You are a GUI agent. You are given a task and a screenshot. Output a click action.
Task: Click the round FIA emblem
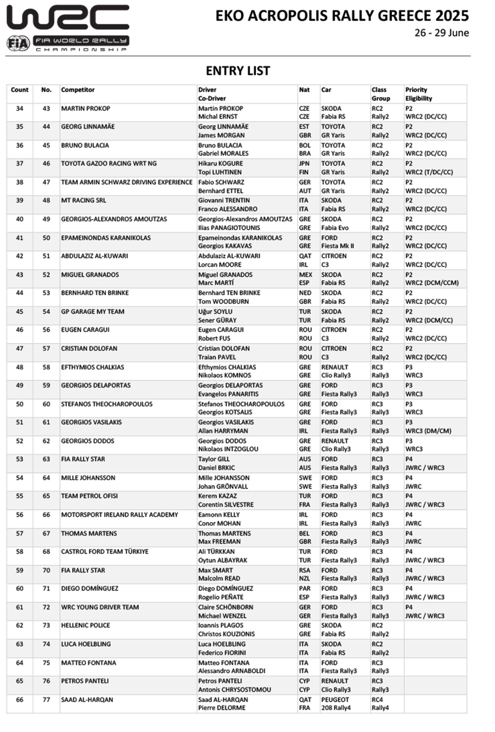pos(18,43)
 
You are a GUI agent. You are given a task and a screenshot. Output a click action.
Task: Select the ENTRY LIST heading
pos(238,71)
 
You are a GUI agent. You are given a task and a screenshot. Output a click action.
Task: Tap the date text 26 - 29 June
pos(441,33)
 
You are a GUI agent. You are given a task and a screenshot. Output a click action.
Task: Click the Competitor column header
pos(78,90)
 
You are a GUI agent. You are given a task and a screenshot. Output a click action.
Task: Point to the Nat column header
pos(304,90)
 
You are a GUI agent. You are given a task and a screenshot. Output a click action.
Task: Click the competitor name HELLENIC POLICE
pos(85,625)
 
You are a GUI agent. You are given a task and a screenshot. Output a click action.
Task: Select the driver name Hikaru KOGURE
pos(220,164)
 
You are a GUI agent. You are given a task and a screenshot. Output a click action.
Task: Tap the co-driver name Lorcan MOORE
pos(220,264)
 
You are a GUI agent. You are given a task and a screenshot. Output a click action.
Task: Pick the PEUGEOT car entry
pos(335,700)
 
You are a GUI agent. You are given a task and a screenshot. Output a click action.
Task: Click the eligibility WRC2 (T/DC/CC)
pos(429,172)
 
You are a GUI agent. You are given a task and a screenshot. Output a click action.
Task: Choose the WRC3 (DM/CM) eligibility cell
pos(428,431)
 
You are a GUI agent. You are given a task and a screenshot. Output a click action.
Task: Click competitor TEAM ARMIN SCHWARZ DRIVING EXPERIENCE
pos(126,182)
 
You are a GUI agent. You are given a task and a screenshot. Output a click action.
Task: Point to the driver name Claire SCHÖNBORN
pos(225,607)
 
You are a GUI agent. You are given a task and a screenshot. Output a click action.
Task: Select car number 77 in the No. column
pos(46,700)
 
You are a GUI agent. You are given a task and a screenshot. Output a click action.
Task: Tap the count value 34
pos(20,108)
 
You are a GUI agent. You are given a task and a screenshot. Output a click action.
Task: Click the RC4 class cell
pos(377,700)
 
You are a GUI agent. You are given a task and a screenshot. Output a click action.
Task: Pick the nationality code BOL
pos(305,145)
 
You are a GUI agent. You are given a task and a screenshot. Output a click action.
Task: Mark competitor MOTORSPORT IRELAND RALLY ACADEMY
pos(119,515)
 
